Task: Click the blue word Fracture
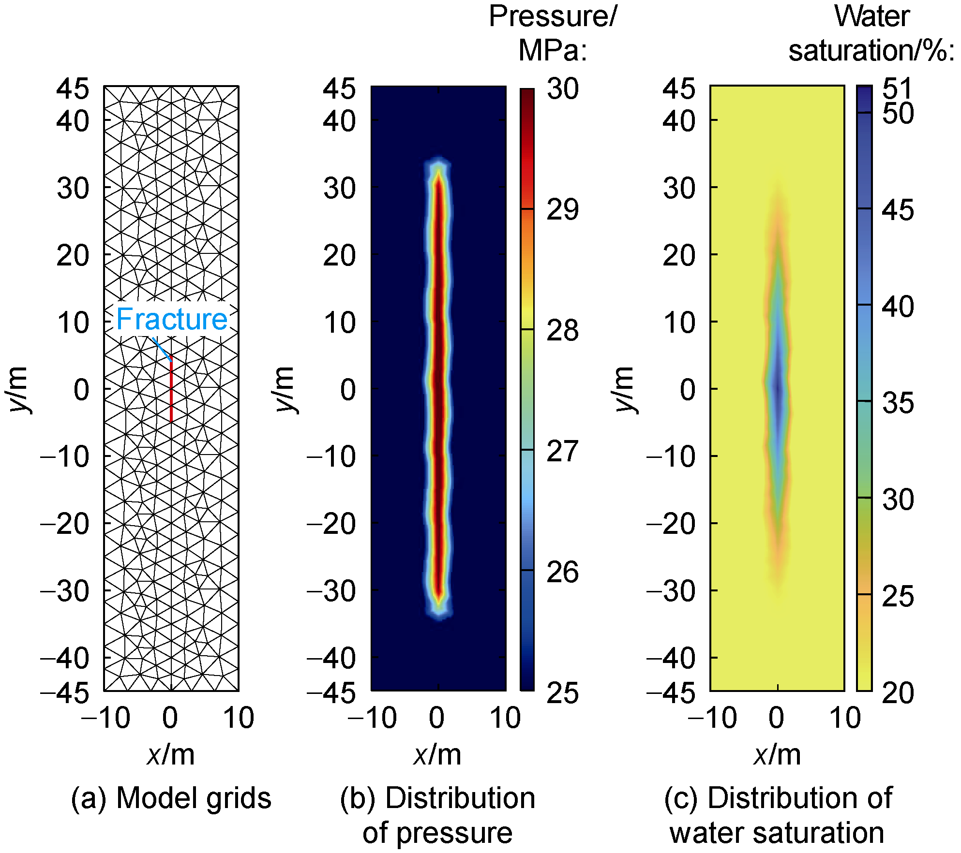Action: (172, 319)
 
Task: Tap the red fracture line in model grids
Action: (171, 389)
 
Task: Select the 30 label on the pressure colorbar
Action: (563, 89)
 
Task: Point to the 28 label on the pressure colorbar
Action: (562, 331)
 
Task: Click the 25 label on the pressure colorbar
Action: (562, 693)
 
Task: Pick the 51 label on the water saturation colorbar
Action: (898, 88)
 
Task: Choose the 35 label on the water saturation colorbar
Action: (898, 402)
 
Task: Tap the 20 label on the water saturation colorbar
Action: (898, 693)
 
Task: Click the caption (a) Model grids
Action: (171, 798)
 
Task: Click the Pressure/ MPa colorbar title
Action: (553, 33)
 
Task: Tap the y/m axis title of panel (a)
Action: (18, 389)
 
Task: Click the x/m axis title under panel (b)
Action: (437, 754)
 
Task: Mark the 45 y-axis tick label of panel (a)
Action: (73, 89)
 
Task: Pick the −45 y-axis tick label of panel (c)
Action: (672, 693)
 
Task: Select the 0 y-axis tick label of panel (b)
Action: (348, 389)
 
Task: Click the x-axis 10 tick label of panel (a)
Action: (239, 718)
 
